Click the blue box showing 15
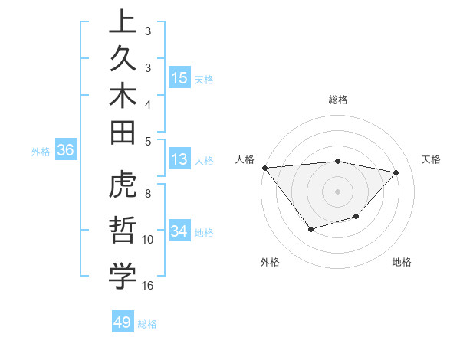point(179,77)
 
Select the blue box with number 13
point(179,159)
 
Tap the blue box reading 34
point(179,231)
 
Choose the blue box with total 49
point(123,322)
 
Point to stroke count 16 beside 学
point(148,286)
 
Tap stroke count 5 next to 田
point(148,140)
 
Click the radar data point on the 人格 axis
point(264,168)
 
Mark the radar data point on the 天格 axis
point(396,172)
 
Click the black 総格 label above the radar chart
point(338,100)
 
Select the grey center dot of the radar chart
point(337,191)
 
